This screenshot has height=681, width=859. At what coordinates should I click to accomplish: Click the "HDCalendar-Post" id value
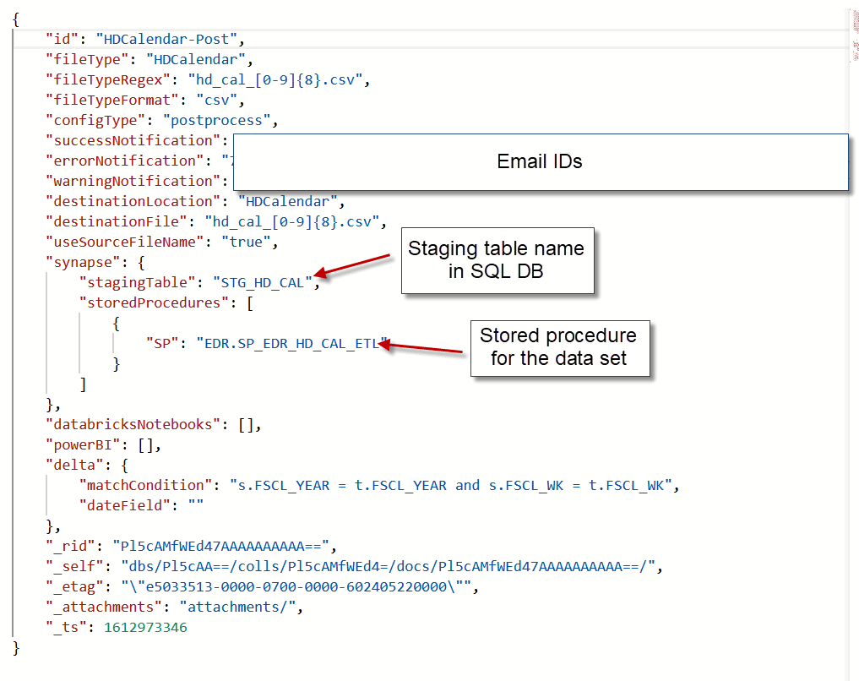170,39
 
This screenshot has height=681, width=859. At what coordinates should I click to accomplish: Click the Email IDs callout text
540,161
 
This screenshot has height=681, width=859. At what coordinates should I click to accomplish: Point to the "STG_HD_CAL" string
263,282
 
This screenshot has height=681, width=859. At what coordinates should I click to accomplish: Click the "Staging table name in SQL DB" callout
497,260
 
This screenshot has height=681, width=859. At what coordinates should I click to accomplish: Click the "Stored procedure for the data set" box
558,347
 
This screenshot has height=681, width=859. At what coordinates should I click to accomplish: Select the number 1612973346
145,627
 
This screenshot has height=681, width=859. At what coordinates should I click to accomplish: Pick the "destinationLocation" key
129,201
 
